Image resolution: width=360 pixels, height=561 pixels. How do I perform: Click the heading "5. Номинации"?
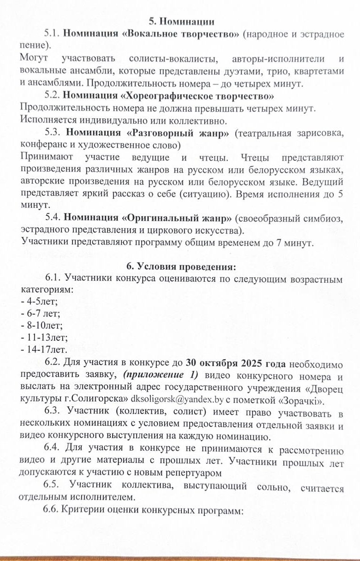click(x=181, y=21)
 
